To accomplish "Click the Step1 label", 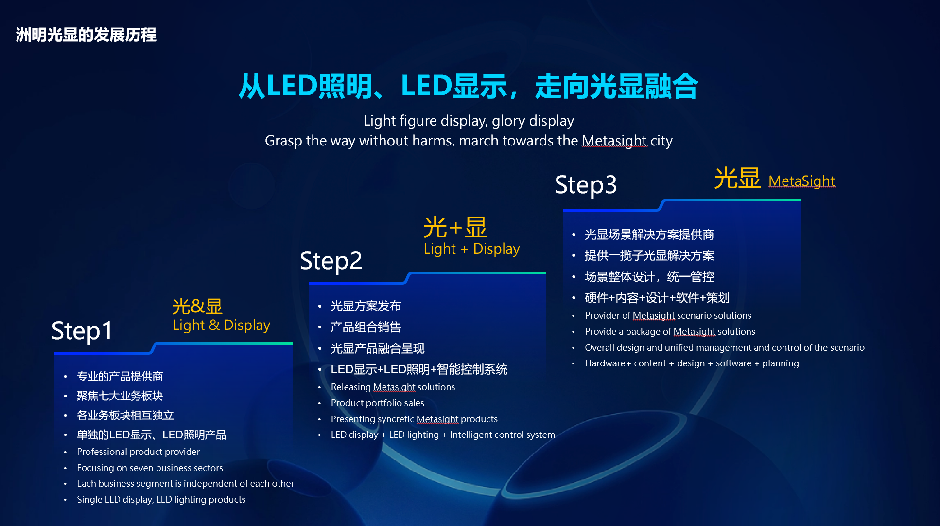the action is pos(82,331).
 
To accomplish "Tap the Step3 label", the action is pos(586,185).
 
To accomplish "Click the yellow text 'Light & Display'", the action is pos(221,325).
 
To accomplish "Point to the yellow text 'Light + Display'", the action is pos(471,249).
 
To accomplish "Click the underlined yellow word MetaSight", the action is pos(802,181).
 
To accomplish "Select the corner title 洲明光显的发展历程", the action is pos(86,35).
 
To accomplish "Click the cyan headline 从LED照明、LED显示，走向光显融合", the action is pos(469,86).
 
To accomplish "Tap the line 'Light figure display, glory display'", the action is pos(469,121).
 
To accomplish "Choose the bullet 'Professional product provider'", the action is pos(138,452).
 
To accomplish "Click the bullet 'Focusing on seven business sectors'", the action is pos(150,468).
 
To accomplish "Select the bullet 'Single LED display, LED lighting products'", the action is pos(161,499).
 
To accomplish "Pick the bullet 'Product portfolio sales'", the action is pos(377,403).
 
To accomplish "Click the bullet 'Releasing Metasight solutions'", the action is pos(393,387).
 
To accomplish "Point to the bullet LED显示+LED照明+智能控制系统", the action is pos(419,369).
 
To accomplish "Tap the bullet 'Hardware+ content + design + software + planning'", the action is pos(692,363).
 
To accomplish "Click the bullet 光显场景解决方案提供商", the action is pos(649,235).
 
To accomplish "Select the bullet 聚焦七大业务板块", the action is pos(120,396).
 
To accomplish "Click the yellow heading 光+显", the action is pos(455,227).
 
